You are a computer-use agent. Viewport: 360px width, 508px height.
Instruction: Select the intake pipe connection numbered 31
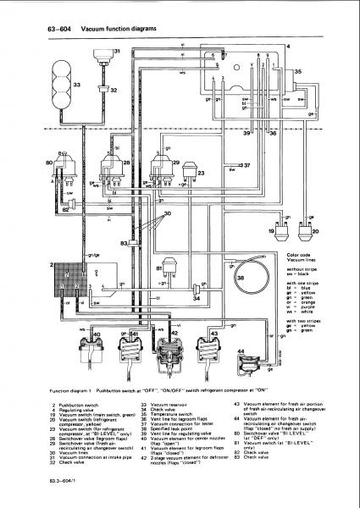tap(103, 60)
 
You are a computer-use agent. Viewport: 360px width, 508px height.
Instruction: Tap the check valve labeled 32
tap(103, 88)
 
